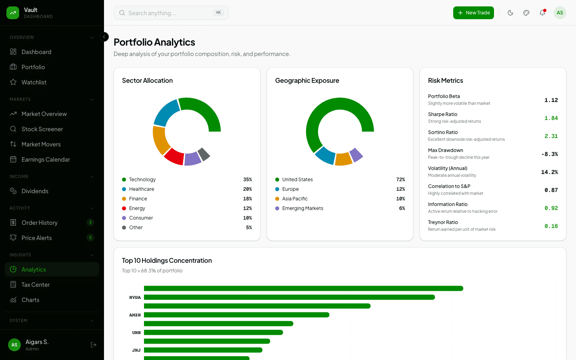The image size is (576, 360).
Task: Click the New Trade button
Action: point(473,13)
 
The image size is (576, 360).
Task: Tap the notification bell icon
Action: point(542,13)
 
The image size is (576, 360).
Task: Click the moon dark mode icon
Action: point(510,13)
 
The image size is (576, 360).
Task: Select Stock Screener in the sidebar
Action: point(42,129)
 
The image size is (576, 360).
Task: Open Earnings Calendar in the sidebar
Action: point(46,160)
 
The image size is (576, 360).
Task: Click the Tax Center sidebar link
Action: point(36,285)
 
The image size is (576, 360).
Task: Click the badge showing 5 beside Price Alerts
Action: point(90,238)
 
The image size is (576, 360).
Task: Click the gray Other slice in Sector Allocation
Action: point(204,154)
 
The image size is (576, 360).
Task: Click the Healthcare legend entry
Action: point(141,189)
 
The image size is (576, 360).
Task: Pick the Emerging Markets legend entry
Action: point(302,208)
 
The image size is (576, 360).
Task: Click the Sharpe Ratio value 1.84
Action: point(551,118)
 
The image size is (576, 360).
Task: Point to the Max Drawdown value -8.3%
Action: point(549,154)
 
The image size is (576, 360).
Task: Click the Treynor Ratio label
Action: point(443,222)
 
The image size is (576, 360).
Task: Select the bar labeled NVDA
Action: point(289,297)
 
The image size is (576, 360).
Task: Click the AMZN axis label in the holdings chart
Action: point(135,315)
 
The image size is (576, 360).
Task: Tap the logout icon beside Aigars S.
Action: point(94,345)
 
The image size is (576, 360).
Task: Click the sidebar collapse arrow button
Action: point(104,37)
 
